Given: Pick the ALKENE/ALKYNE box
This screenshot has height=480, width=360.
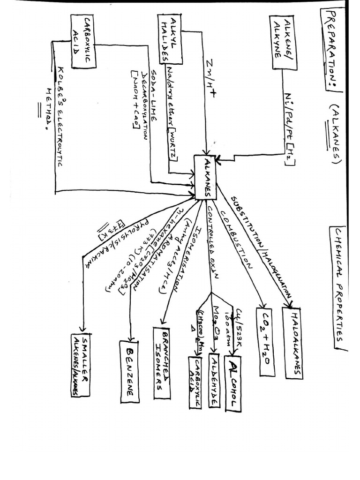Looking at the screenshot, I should (283, 43).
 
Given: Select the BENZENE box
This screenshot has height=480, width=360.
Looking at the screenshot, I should (130, 371).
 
